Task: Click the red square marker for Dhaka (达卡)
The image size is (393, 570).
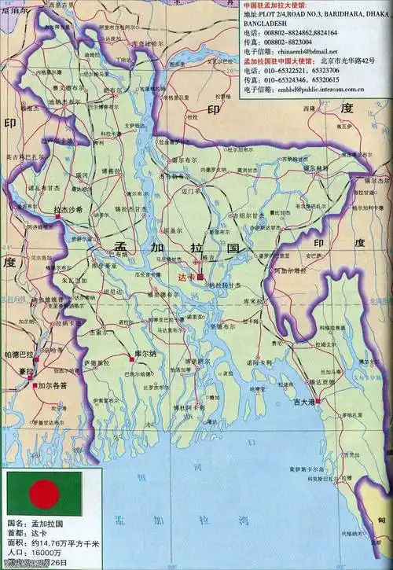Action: [200, 277]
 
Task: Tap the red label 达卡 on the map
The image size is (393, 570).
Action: [185, 277]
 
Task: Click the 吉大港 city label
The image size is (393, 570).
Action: [303, 402]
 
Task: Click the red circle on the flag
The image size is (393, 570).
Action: [42, 493]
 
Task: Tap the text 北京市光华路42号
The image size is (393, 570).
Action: [353, 61]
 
